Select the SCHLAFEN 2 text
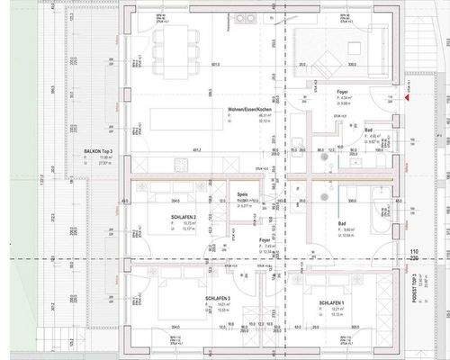183,218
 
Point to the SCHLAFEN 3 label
218,299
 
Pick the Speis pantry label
242,193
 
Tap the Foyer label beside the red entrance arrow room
342,92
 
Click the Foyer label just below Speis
265,240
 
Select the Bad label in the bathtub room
342,224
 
